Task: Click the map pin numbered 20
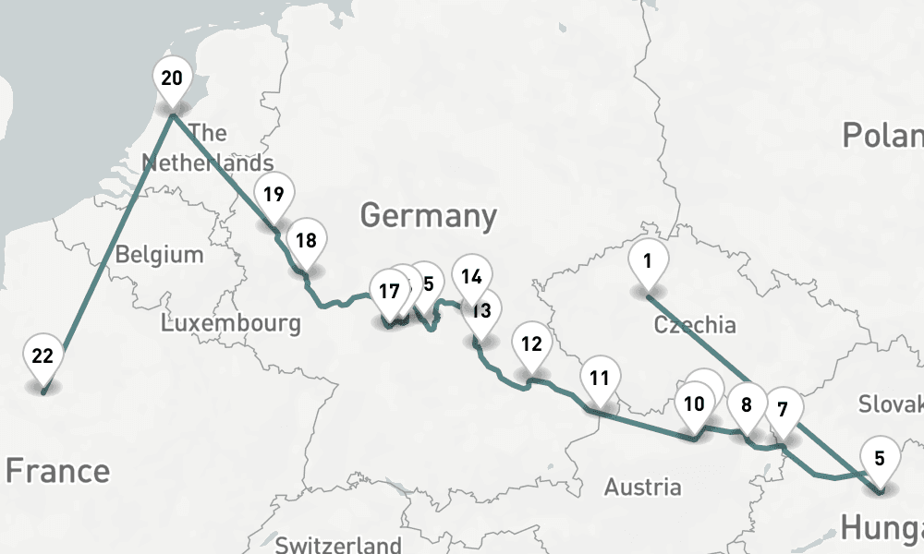pos(172,78)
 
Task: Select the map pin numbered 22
pos(43,356)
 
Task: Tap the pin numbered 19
pos(274,195)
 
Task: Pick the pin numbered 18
pos(306,241)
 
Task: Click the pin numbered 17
pos(389,292)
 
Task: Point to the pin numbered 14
pos(472,276)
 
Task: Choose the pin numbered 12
pos(531,344)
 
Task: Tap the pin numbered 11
pos(600,378)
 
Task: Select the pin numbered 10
pos(694,403)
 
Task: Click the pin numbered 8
pos(747,403)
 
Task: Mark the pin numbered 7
pos(783,409)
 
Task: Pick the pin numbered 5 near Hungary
pos(880,458)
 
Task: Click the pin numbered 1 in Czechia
pos(648,261)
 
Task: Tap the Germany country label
pos(428,216)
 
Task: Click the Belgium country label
pos(159,254)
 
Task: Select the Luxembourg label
pos(230,323)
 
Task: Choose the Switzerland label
pos(338,544)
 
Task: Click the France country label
pos(57,471)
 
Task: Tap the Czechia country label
pos(694,325)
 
